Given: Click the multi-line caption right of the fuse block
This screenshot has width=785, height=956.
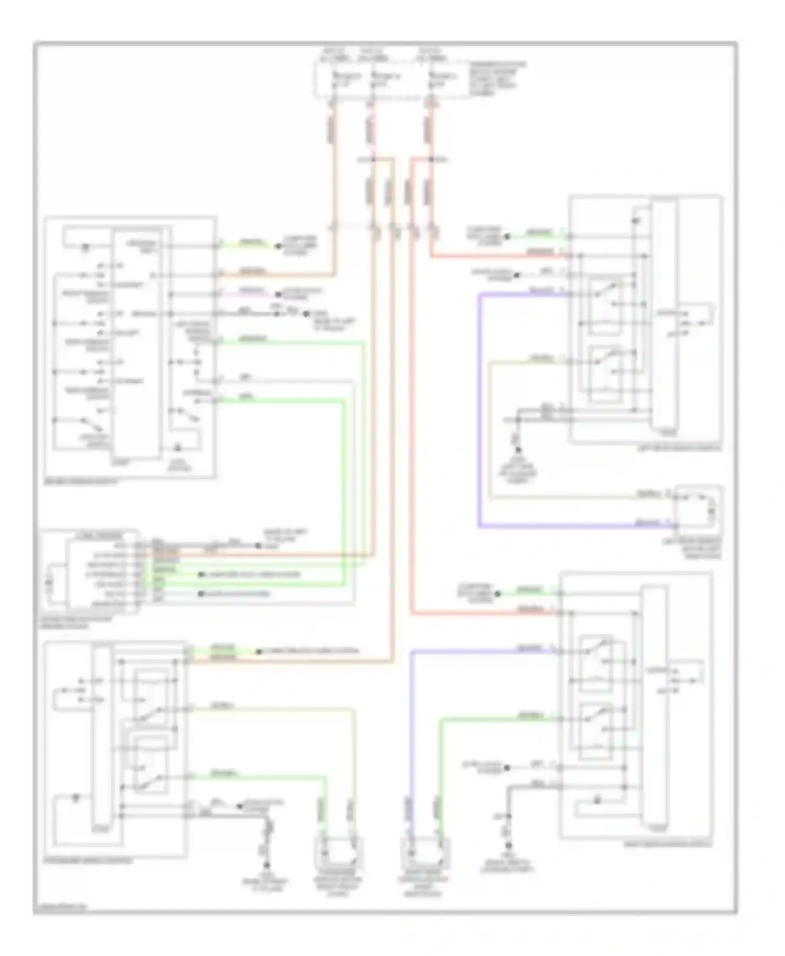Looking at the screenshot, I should pyautogui.click(x=497, y=78).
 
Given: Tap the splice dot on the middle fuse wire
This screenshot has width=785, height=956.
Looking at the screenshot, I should pyautogui.click(x=373, y=158).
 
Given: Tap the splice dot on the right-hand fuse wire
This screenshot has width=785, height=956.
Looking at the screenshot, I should pyautogui.click(x=431, y=158).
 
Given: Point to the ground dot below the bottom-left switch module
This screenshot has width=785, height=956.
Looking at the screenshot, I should pyautogui.click(x=267, y=866).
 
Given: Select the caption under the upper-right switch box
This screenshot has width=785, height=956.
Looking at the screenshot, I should pyautogui.click(x=680, y=448).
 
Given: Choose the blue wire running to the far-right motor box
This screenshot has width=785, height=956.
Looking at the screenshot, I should pyautogui.click(x=576, y=526).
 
